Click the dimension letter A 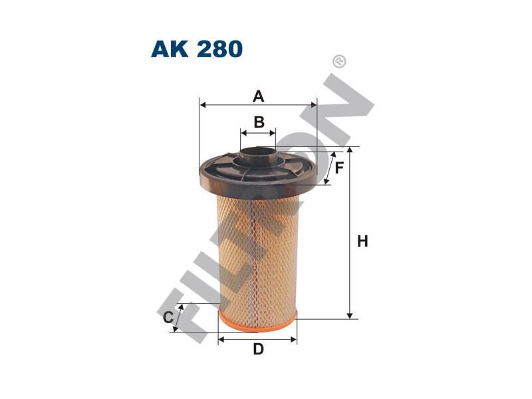(259, 96)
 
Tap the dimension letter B (259, 122)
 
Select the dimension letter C (168, 318)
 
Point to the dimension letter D (258, 349)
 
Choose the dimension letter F (339, 168)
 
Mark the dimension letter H (362, 241)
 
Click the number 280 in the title (219, 49)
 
